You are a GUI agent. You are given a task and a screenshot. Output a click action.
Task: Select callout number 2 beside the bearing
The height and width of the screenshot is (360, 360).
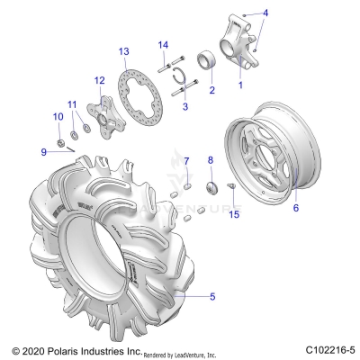[211, 90]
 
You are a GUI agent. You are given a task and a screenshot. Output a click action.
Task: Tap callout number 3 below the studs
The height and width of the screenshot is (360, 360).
[184, 106]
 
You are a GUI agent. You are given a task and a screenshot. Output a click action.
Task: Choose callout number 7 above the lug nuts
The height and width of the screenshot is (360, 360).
[187, 161]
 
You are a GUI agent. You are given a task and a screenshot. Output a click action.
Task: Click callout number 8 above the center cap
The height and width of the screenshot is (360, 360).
[211, 160]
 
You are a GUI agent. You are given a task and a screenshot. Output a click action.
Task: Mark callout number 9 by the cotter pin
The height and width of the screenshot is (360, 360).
[42, 151]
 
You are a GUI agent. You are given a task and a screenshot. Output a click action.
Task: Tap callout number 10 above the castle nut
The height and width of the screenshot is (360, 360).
[58, 116]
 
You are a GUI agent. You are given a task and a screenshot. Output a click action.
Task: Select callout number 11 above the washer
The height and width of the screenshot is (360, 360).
[73, 104]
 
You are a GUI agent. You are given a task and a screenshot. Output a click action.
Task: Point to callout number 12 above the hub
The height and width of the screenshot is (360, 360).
[100, 80]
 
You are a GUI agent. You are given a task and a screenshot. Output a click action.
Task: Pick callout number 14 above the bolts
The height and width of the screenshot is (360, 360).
[163, 45]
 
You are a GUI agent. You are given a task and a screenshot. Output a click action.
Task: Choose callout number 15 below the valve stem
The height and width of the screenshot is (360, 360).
[234, 213]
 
